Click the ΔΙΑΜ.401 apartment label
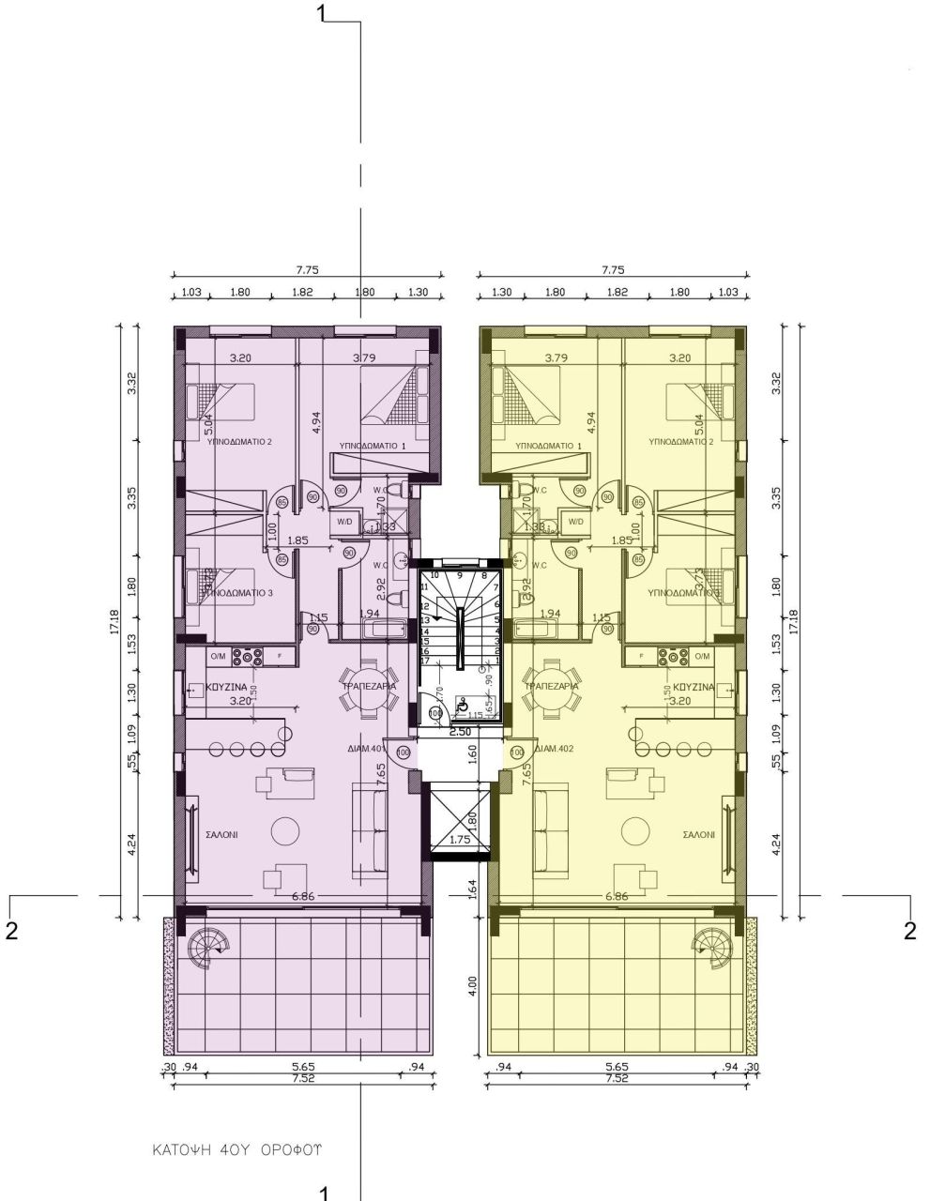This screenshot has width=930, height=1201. (366, 749)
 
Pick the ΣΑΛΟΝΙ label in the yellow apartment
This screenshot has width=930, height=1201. (699, 833)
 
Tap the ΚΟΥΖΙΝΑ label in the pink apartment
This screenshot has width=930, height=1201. (225, 688)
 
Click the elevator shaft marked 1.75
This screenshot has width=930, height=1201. (459, 823)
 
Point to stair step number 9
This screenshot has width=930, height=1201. (460, 575)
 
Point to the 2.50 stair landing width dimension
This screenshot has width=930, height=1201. (460, 731)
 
